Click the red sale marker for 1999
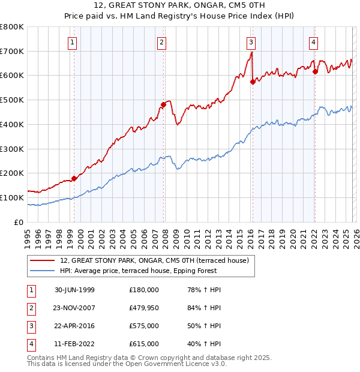click(x=74, y=178)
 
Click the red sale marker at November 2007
click(x=163, y=105)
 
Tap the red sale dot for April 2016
click(x=253, y=82)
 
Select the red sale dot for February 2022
click(x=315, y=72)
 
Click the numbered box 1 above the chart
click(x=72, y=42)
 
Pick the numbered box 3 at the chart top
click(x=250, y=42)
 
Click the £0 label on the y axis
click(x=19, y=222)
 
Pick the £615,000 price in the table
click(x=144, y=344)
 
